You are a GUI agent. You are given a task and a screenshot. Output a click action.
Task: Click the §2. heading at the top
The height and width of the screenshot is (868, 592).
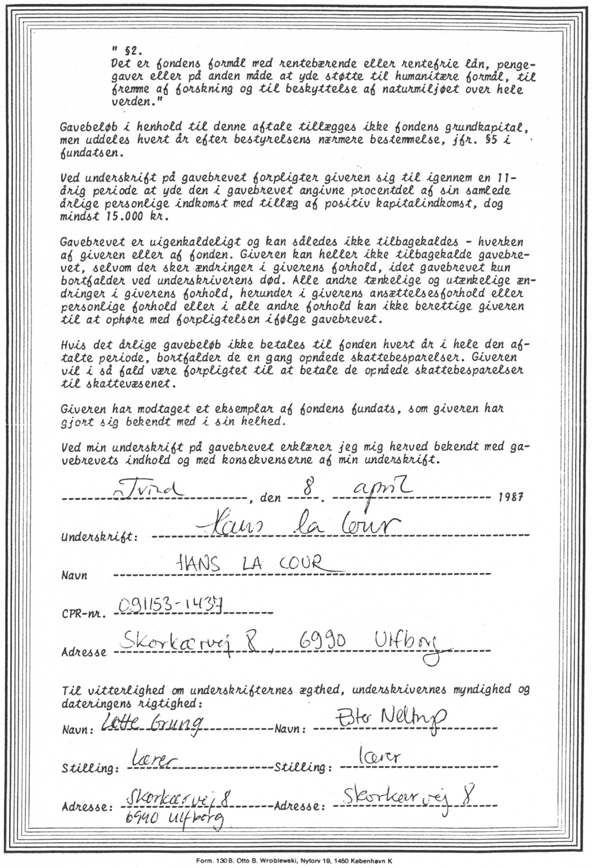point(132,52)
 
